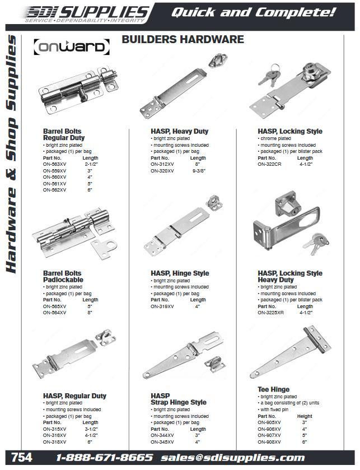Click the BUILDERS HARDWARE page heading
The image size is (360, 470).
click(x=183, y=39)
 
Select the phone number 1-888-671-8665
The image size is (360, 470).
click(x=104, y=458)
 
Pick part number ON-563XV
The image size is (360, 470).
click(x=55, y=164)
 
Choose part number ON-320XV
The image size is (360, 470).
click(x=162, y=170)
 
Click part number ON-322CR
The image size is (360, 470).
click(x=269, y=164)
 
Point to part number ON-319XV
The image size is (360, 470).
click(x=162, y=306)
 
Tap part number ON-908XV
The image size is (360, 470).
click(x=269, y=442)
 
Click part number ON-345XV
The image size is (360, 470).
click(x=162, y=442)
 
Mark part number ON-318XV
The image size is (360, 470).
click(x=55, y=442)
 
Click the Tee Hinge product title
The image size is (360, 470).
click(x=274, y=389)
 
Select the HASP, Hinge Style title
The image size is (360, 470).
click(x=180, y=273)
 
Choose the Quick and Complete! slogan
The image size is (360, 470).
click(x=253, y=11)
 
